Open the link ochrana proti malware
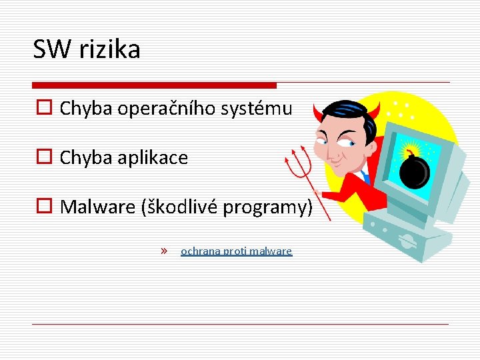(236, 251)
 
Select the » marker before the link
(164, 251)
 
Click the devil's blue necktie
(365, 177)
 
